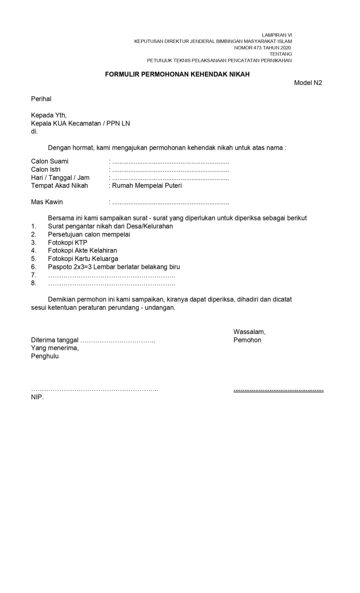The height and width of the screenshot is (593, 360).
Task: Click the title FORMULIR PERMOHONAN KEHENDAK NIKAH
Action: pyautogui.click(x=177, y=75)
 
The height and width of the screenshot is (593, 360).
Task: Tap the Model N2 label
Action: pyautogui.click(x=308, y=83)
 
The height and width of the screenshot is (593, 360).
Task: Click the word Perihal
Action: pyautogui.click(x=41, y=99)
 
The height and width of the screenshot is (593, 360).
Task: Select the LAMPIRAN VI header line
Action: pyautogui.click(x=277, y=35)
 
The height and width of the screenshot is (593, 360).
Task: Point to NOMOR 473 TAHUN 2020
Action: pyautogui.click(x=263, y=47)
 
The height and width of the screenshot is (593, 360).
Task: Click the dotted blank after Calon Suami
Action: pyautogui.click(x=170, y=162)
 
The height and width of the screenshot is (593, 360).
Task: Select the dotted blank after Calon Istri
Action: pyautogui.click(x=170, y=170)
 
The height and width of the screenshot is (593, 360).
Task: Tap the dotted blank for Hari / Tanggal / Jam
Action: pyautogui.click(x=170, y=178)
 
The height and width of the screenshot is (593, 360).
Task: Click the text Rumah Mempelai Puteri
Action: pyautogui.click(x=147, y=186)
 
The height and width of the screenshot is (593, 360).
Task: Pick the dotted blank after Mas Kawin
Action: pyautogui.click(x=170, y=202)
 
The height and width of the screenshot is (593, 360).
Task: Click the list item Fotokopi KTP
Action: pyautogui.click(x=67, y=243)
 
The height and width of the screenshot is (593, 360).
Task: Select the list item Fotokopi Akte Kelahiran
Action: pyautogui.click(x=79, y=251)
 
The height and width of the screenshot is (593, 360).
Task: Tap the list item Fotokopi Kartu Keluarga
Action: pyautogui.click(x=83, y=258)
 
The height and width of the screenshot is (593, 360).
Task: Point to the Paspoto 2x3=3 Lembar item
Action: pyautogui.click(x=114, y=267)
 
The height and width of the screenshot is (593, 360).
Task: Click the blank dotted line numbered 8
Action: pyautogui.click(x=111, y=284)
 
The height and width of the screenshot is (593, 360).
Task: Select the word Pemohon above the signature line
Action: pyautogui.click(x=247, y=340)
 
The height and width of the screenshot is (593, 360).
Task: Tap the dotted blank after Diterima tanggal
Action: pyautogui.click(x=118, y=340)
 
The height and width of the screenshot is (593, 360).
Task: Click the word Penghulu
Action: pyautogui.click(x=45, y=356)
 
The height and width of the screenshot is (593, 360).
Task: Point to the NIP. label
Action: pyautogui.click(x=38, y=397)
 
